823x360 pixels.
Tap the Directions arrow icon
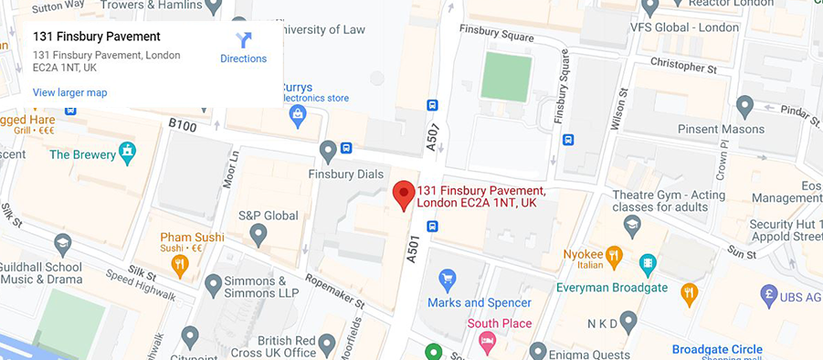click(243, 41)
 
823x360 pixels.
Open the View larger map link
click(69, 92)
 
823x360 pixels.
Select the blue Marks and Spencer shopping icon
click(448, 277)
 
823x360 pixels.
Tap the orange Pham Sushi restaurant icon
click(180, 265)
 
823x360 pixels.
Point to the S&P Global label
click(269, 216)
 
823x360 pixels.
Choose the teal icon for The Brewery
click(127, 150)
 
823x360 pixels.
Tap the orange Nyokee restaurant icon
click(614, 255)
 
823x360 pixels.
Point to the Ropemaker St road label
click(334, 291)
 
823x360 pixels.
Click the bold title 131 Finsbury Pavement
click(96, 37)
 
